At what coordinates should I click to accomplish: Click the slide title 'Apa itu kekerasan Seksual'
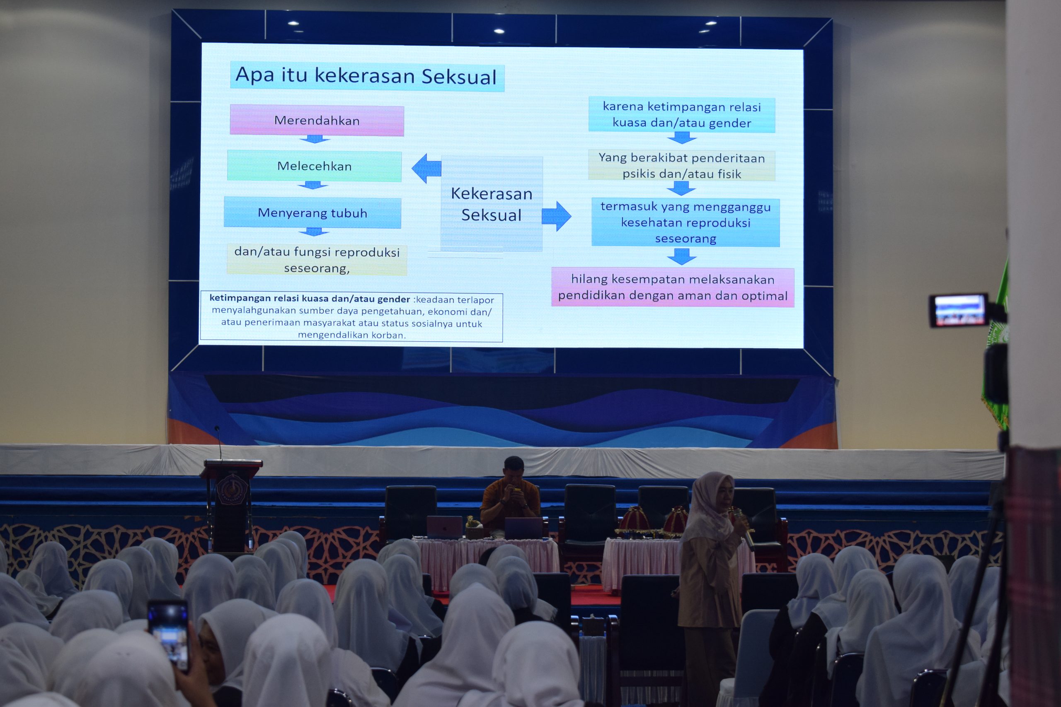pyautogui.click(x=367, y=76)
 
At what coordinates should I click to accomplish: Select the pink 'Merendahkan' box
pyautogui.click(x=317, y=121)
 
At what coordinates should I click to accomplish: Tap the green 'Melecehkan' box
pyautogui.click(x=315, y=166)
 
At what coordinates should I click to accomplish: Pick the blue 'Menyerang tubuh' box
pyautogui.click(x=312, y=212)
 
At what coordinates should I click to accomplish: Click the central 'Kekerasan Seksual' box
pyautogui.click(x=492, y=203)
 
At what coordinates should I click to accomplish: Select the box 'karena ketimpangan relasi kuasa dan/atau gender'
pyautogui.click(x=682, y=115)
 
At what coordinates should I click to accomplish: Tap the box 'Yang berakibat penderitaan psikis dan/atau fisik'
pyautogui.click(x=682, y=166)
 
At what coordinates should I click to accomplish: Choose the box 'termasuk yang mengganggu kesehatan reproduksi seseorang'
pyautogui.click(x=685, y=222)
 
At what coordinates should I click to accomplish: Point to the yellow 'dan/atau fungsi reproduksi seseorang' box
pyautogui.click(x=317, y=260)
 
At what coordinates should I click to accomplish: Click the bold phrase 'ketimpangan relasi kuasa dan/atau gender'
pyautogui.click(x=310, y=299)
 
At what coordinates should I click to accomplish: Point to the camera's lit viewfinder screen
pyautogui.click(x=959, y=310)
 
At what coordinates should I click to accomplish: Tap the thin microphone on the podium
pyautogui.click(x=219, y=442)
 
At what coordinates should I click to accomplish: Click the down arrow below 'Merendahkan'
pyautogui.click(x=315, y=139)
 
